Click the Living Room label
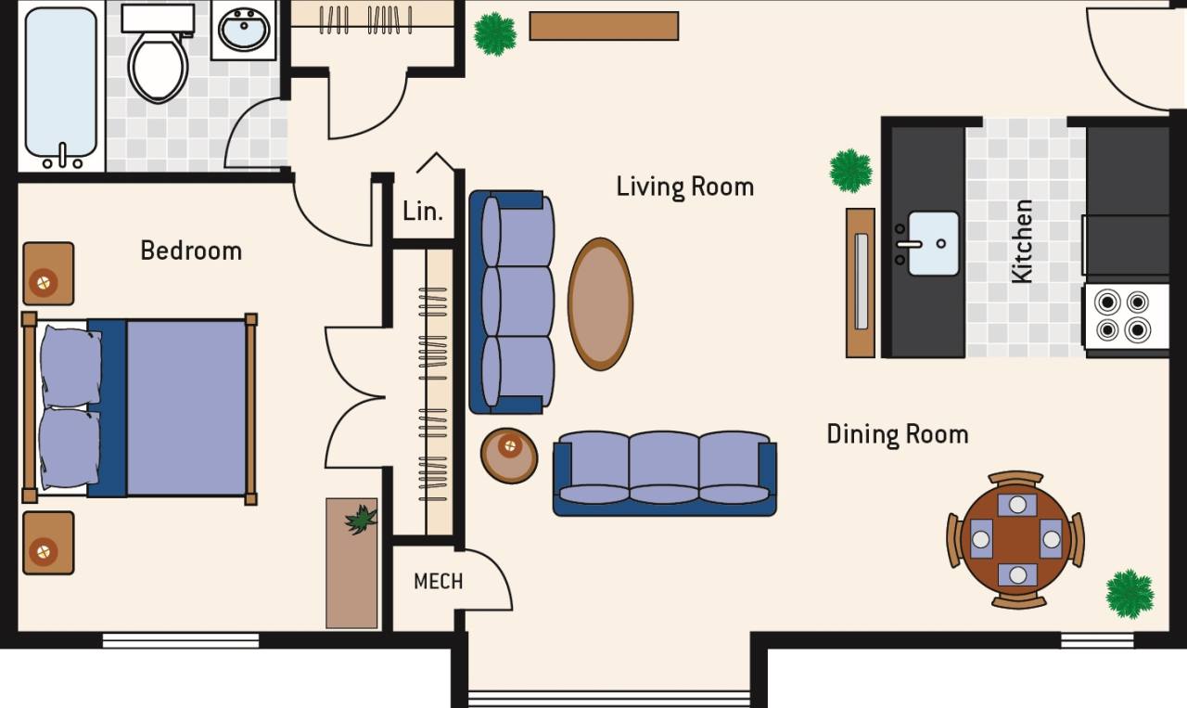click(684, 187)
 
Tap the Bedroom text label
click(191, 251)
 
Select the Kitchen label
click(1022, 241)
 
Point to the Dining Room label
click(897, 434)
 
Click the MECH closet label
click(438, 582)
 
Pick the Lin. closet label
click(423, 211)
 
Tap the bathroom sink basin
click(244, 32)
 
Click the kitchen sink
click(933, 243)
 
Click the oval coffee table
click(601, 303)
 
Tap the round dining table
click(1016, 539)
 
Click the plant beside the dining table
click(1130, 593)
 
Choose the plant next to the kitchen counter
click(850, 171)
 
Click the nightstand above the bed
click(48, 274)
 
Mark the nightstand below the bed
click(48, 543)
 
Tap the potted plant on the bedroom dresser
click(361, 519)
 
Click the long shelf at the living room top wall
click(604, 26)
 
